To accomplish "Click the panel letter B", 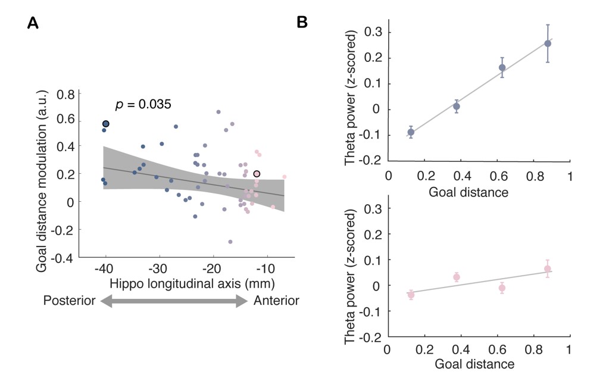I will point(302,23).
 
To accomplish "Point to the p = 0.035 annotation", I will point(144,105).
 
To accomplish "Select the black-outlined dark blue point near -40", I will point(106,124).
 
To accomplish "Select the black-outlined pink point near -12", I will point(257,174).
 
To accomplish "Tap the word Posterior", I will point(70,301).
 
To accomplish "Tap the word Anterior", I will point(276,301).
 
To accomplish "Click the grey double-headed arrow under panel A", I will point(173,302).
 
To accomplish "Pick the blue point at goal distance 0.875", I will point(548,43).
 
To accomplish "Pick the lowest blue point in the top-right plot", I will point(411,132).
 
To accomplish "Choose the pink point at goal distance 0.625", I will point(502,288).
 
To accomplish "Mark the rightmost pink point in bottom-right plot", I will point(548,269).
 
